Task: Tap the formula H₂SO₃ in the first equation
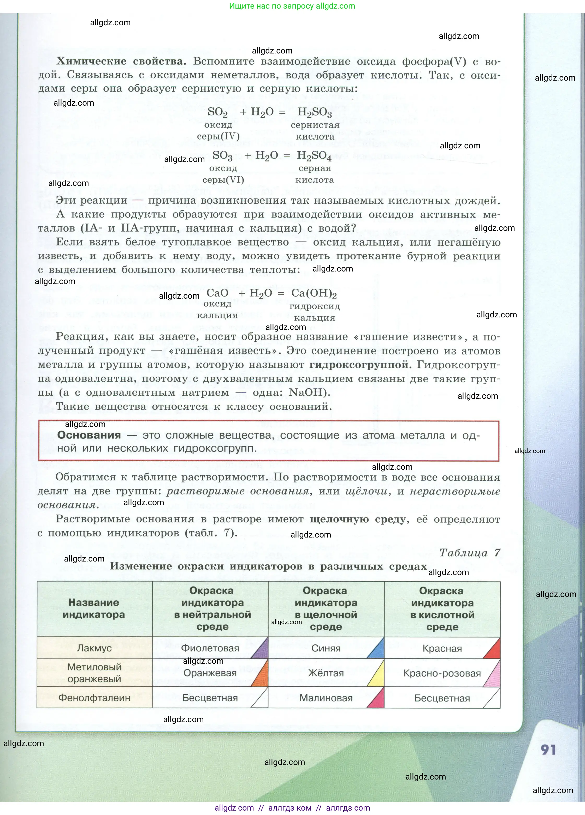point(315,112)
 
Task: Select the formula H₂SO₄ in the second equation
point(314,156)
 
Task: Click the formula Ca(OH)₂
point(314,294)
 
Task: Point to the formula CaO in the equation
point(217,293)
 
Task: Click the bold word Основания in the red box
point(89,435)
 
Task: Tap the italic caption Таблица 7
point(470,553)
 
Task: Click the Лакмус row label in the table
point(94,648)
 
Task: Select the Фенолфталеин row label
point(94,698)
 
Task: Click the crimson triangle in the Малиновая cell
point(378,701)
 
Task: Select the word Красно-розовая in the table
point(442,673)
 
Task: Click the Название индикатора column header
point(94,608)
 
